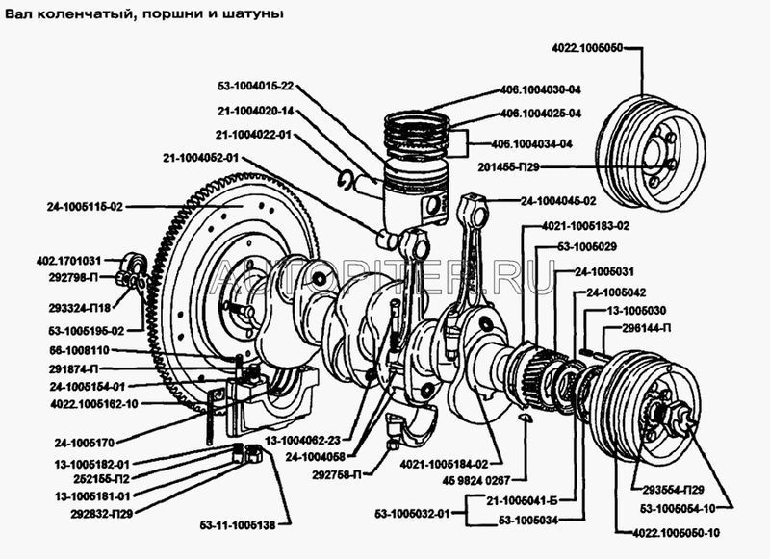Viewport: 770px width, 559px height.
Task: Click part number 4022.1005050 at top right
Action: [589, 46]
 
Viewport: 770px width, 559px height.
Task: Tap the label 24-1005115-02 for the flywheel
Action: [85, 205]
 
